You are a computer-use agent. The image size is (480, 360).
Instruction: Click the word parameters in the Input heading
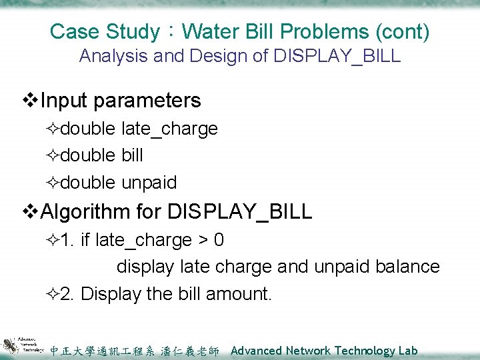[x=147, y=101]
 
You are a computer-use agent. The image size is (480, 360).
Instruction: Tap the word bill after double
[x=132, y=155]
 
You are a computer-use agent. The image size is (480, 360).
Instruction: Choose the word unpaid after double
[x=149, y=183]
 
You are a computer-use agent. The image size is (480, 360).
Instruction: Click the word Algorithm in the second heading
[x=85, y=212]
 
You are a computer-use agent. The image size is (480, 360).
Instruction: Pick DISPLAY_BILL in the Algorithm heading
[x=240, y=212]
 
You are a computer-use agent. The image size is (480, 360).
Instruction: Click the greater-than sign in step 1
[x=200, y=240]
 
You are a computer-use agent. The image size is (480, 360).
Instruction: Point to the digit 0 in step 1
[x=219, y=240]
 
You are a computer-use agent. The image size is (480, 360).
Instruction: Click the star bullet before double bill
[x=53, y=156]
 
